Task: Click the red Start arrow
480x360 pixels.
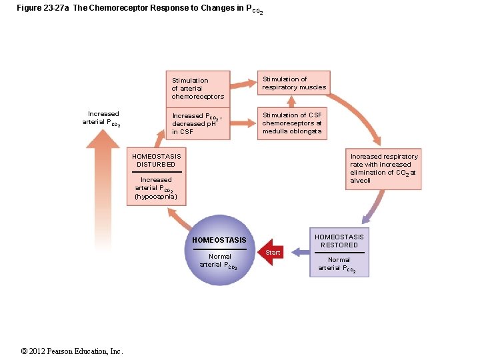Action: (271, 252)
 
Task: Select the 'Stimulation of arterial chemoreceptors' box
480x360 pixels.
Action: (198, 88)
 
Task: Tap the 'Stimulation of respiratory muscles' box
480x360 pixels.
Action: (294, 83)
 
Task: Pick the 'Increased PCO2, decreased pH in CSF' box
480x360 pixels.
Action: (198, 123)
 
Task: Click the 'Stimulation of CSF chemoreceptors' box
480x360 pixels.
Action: (294, 123)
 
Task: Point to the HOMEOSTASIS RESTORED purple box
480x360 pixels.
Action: (339, 253)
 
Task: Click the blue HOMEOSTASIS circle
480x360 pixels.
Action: (219, 250)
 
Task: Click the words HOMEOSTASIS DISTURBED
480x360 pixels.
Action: (156, 160)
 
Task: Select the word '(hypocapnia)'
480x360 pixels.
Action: (156, 197)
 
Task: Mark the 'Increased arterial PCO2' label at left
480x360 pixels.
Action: (101, 118)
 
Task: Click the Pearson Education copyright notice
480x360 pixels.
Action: (72, 351)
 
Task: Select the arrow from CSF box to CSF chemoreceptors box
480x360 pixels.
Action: (243, 122)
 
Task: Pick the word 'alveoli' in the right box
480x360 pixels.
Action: (361, 181)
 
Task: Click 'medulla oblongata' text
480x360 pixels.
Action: (292, 131)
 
